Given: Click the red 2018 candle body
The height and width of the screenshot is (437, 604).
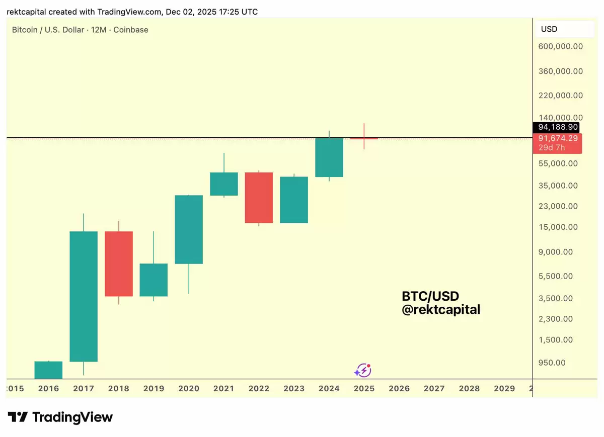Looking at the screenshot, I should [x=119, y=264].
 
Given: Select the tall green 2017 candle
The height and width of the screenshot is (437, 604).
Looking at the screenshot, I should [x=84, y=296].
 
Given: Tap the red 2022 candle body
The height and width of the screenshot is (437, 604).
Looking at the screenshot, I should [x=259, y=198].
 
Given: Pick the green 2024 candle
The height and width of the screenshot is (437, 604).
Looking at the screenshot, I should [x=329, y=157].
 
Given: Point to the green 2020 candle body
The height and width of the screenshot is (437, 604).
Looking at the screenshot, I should [x=189, y=229].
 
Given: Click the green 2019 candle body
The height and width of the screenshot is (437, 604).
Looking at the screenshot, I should [x=154, y=280].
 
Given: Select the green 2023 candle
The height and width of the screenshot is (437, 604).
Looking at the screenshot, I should [x=294, y=200].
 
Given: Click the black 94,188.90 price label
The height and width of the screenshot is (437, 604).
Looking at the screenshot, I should [x=558, y=127].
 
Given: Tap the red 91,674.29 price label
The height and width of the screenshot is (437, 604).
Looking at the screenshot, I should [x=557, y=138].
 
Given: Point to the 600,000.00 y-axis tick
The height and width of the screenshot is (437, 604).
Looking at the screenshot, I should [x=560, y=47].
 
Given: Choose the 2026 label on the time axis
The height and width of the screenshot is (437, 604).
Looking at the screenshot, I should [x=399, y=388].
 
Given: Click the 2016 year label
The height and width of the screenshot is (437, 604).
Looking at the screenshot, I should [x=48, y=388].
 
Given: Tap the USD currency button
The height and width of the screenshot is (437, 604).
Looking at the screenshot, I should [x=549, y=29].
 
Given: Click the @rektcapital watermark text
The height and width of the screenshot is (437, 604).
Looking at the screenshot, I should [x=441, y=310].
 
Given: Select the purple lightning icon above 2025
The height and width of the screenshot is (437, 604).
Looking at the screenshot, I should [x=362, y=371].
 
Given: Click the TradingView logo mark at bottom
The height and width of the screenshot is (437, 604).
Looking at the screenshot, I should [x=18, y=417].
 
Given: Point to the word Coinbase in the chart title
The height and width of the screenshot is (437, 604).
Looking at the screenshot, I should [x=131, y=30].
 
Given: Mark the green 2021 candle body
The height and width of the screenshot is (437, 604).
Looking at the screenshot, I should [x=224, y=184].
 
